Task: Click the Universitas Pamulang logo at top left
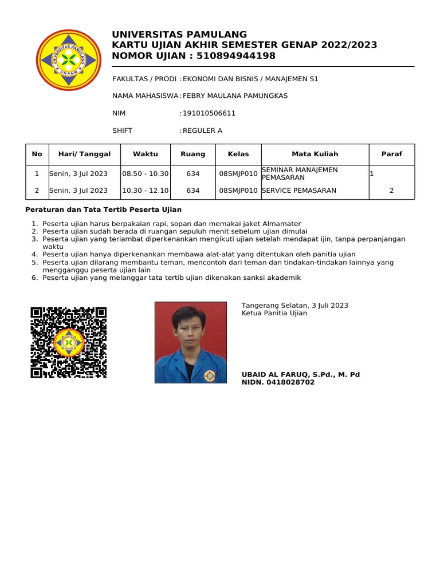(x=68, y=60)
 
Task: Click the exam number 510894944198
(x=236, y=56)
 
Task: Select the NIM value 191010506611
(x=209, y=113)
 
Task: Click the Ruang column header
(x=193, y=154)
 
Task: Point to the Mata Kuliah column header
(x=315, y=154)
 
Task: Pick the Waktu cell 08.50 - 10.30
(x=146, y=174)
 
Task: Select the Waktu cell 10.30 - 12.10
(x=146, y=191)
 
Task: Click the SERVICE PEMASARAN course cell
(x=299, y=191)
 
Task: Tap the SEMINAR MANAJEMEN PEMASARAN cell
(x=299, y=174)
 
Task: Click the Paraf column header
(x=392, y=154)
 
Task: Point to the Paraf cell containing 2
(x=391, y=191)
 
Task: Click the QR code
(x=69, y=342)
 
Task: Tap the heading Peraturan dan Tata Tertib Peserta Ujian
(x=104, y=209)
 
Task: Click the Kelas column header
(x=238, y=154)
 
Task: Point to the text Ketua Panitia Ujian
(x=274, y=313)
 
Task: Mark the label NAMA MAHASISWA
(x=146, y=96)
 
